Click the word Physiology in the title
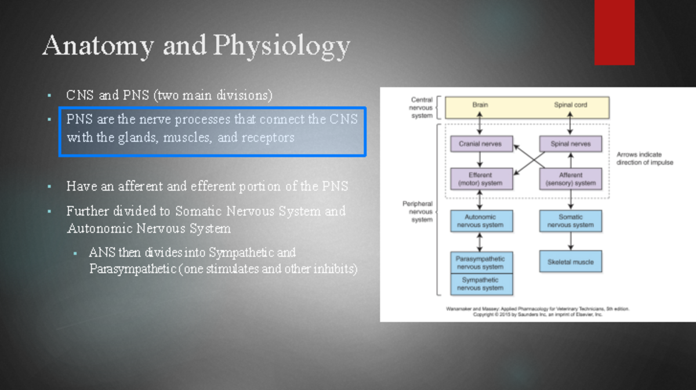(x=281, y=46)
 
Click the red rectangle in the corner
(x=614, y=32)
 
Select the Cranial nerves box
(x=480, y=143)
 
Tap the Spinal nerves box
(x=571, y=143)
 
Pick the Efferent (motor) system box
(x=480, y=179)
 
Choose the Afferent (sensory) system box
(x=571, y=179)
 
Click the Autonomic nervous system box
(x=480, y=221)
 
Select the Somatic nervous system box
(x=571, y=221)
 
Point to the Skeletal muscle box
(x=571, y=262)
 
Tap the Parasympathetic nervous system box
(x=480, y=262)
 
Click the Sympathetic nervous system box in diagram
(x=480, y=284)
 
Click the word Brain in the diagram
(x=480, y=105)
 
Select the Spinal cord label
(x=571, y=105)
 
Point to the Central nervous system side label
(x=422, y=107)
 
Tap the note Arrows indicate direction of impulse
(x=644, y=158)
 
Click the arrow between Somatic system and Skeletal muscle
(x=571, y=241)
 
